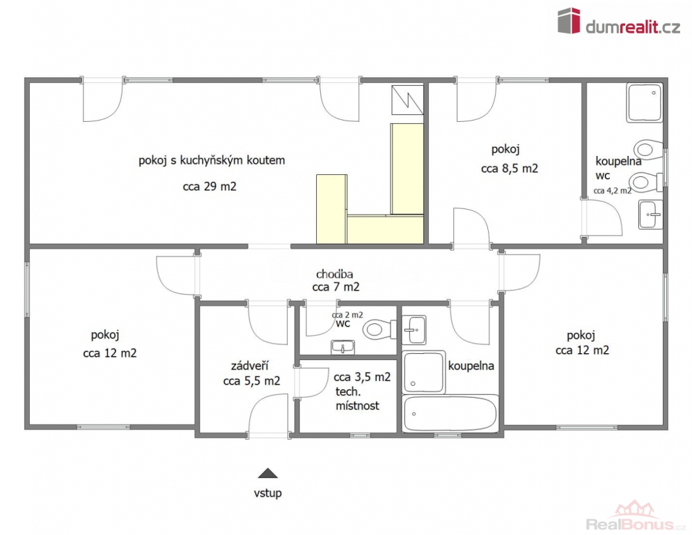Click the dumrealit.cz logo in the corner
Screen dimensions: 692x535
pos(618,21)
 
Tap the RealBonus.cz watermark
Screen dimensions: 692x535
pos(636,516)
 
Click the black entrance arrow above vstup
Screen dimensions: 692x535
pos(267,473)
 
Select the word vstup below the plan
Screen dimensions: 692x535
pos(267,493)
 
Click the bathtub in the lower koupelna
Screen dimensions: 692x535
pos(450,413)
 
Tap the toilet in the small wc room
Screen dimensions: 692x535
pos(379,329)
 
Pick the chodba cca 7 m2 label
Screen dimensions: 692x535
pos(336,281)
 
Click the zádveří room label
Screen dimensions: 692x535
pos(250,366)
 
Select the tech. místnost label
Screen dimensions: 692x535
pos(357,398)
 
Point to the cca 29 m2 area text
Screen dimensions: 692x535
pos(209,187)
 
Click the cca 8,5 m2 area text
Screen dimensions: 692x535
pos(510,169)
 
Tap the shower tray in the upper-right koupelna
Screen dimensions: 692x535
pos(645,102)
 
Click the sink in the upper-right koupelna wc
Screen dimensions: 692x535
pos(650,215)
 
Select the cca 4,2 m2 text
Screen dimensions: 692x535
pos(612,191)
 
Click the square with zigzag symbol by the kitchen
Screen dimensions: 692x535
pos(407,100)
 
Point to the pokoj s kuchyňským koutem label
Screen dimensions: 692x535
pos(212,160)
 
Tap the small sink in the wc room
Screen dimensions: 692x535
pos(343,347)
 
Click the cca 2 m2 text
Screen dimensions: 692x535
pos(347,315)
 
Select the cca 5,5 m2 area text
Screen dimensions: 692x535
pos(251,381)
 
